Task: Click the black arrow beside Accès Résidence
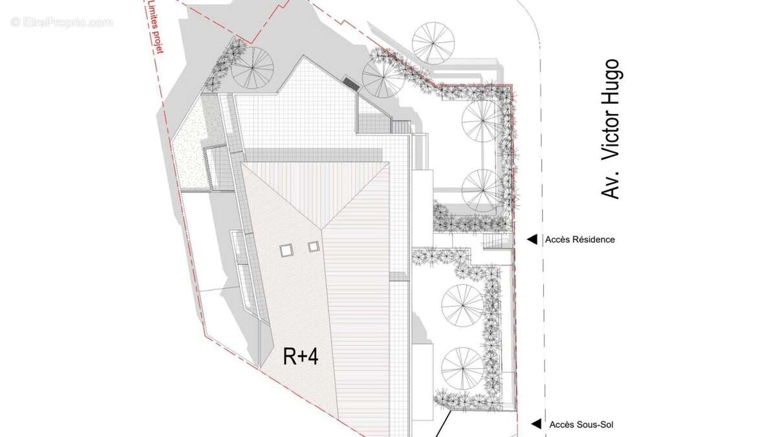click(532, 240)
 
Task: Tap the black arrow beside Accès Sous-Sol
click(536, 424)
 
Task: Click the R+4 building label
click(300, 357)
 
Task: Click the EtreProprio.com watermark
click(61, 23)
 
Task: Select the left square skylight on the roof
click(286, 250)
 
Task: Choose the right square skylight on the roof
click(314, 247)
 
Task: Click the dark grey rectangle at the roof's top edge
click(351, 83)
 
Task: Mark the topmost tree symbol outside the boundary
click(433, 43)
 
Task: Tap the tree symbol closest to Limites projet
click(253, 67)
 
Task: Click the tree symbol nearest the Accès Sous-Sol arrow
click(462, 368)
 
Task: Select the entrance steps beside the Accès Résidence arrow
click(492, 241)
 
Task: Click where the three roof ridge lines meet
click(322, 229)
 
